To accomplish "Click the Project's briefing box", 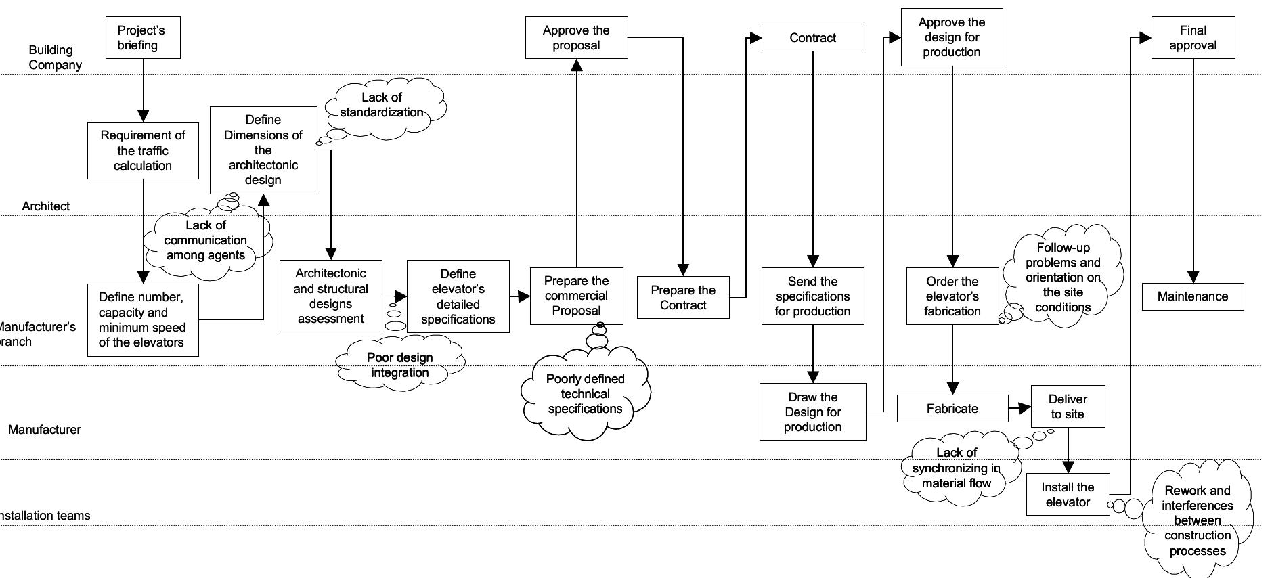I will [x=143, y=38].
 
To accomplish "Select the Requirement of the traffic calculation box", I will [x=143, y=150].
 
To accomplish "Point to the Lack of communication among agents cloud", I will [x=206, y=241].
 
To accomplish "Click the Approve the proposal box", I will [x=576, y=38].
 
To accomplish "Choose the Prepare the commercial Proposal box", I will [x=576, y=296].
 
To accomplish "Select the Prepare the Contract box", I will [x=683, y=297].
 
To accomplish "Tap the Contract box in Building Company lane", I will [x=812, y=38].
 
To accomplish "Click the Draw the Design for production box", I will [x=812, y=412].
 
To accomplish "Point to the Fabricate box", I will [x=952, y=409].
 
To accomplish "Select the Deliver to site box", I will [x=1068, y=407].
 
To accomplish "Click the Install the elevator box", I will [x=1068, y=495].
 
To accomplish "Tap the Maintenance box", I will [x=1192, y=296].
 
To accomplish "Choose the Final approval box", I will [x=1193, y=38].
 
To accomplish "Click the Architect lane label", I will [x=45, y=206].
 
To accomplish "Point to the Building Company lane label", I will [x=55, y=58].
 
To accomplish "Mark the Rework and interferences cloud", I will [x=1197, y=520].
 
